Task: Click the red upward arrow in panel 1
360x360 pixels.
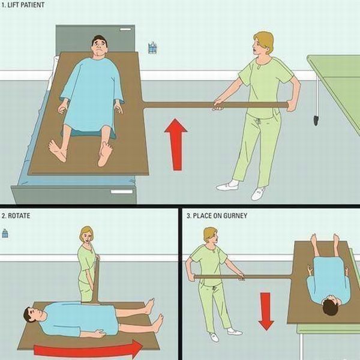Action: pos(176,145)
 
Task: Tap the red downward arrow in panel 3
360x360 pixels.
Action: pos(266,311)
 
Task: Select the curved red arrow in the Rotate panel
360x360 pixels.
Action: pos(88,349)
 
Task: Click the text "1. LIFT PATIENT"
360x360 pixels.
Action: pos(23,5)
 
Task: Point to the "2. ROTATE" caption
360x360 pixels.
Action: pos(16,216)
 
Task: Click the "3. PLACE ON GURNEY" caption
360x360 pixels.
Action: pos(217,216)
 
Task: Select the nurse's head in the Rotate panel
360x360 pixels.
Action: pos(86,235)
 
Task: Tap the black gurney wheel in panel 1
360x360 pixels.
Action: pos(316,121)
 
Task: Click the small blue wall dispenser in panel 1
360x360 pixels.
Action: pos(152,48)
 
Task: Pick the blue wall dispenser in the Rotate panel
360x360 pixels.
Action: pos(5,233)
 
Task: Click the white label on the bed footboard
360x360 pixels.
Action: pos(122,192)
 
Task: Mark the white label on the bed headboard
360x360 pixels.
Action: pos(125,29)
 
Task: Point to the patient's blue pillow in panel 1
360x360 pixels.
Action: pos(88,134)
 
